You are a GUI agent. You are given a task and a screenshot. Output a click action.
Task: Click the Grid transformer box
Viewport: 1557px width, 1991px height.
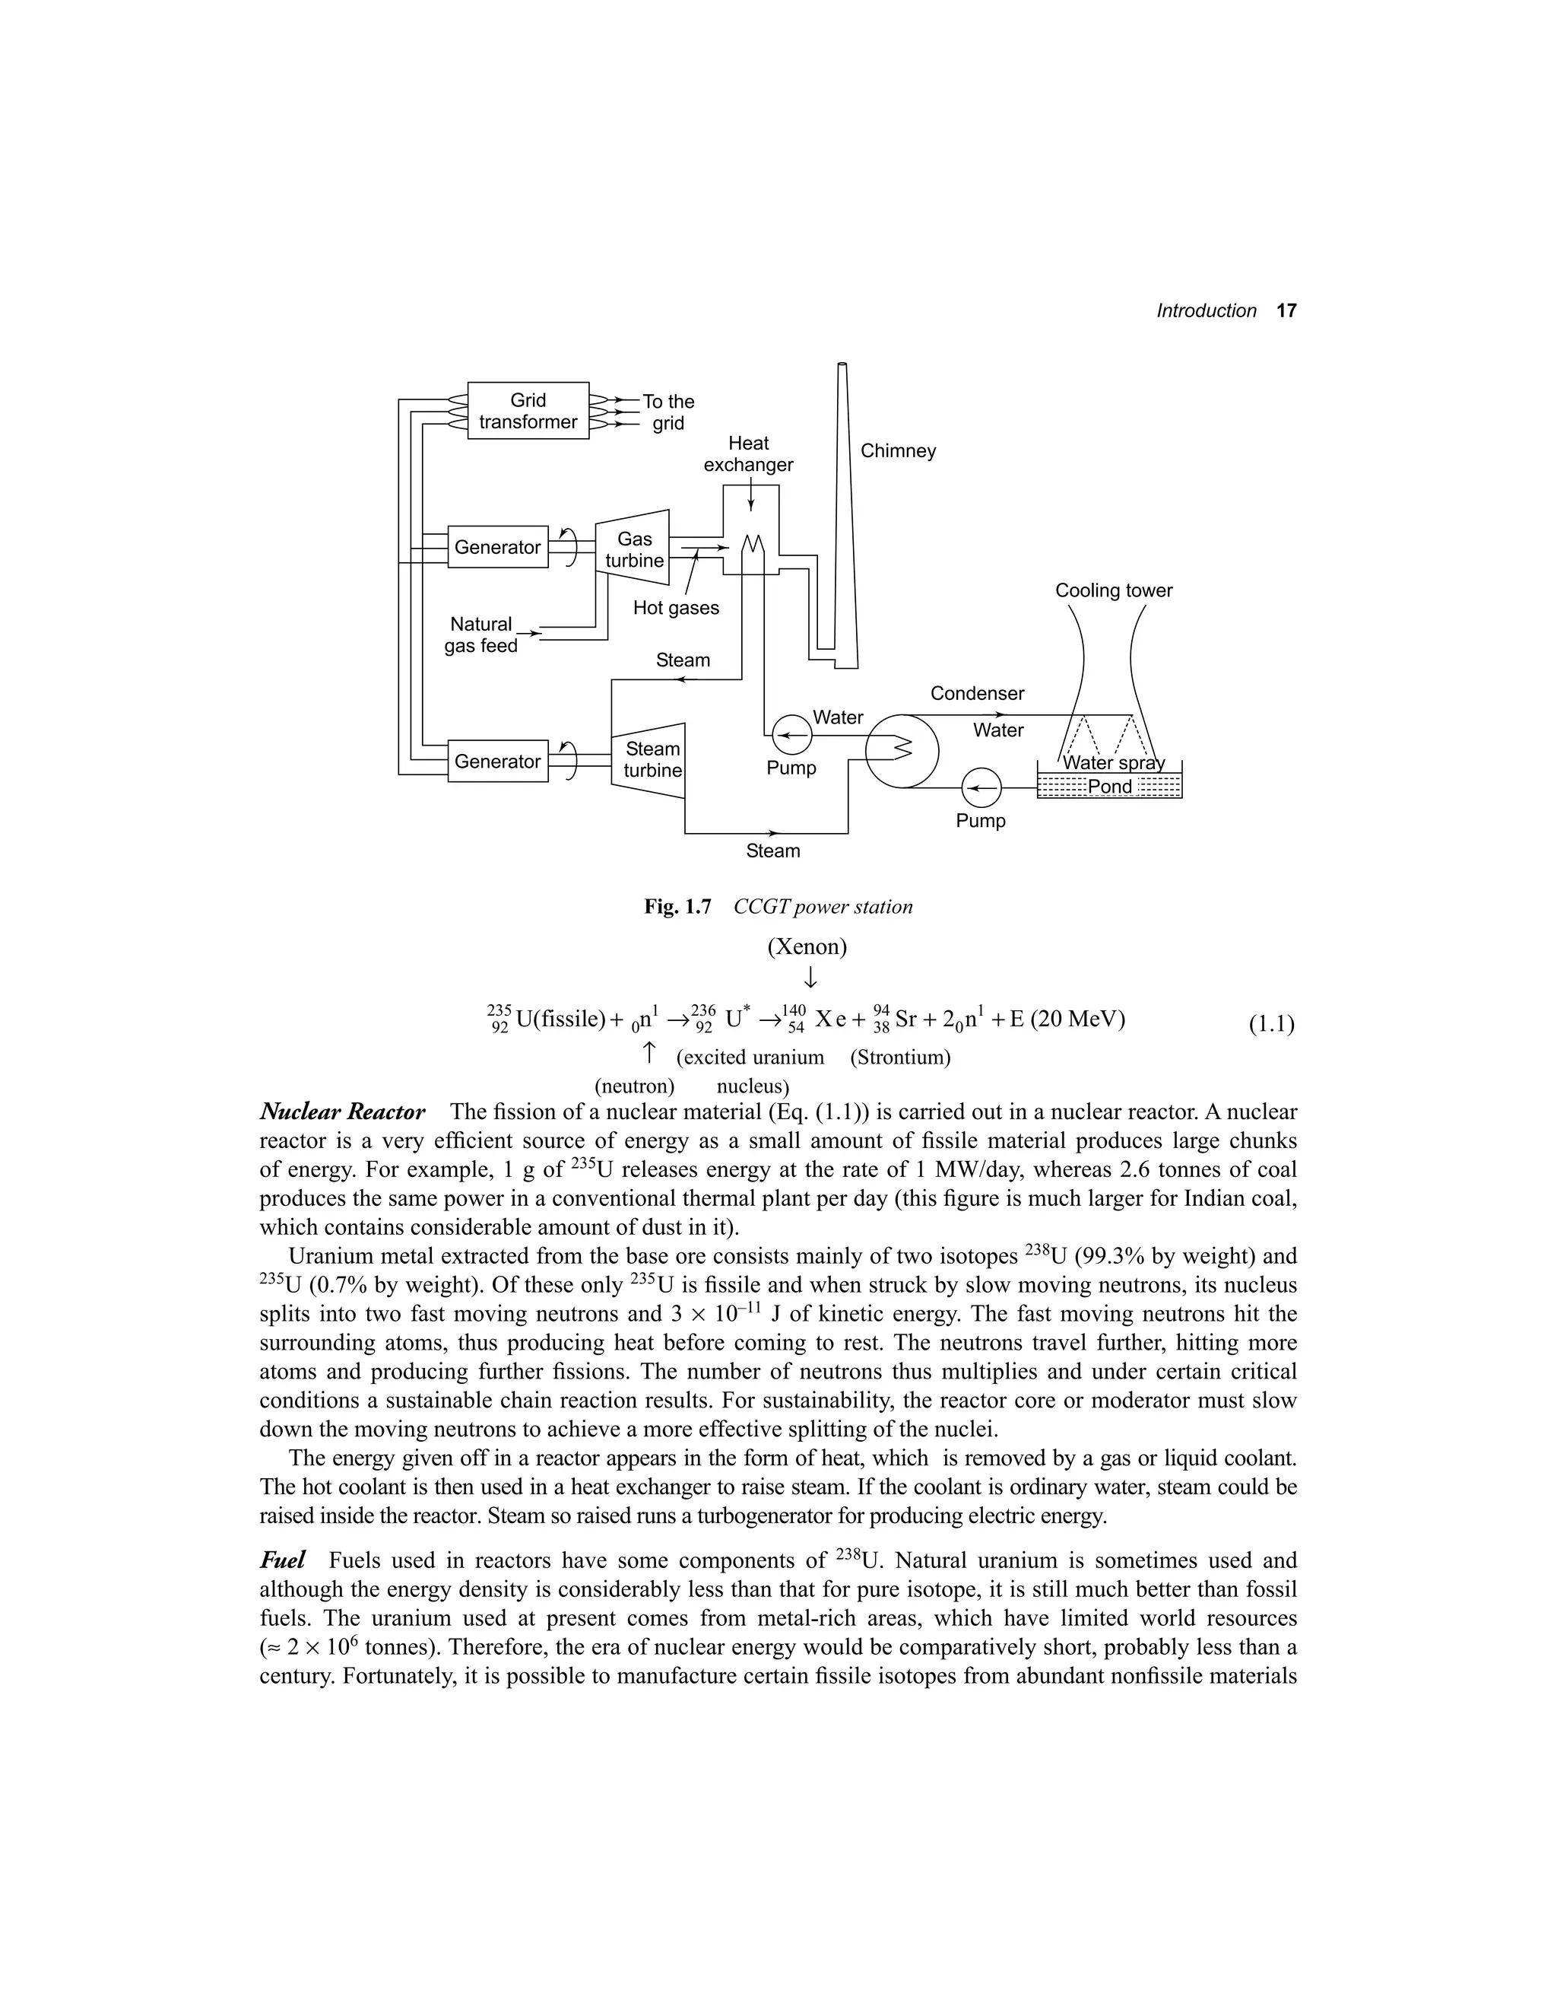click(528, 410)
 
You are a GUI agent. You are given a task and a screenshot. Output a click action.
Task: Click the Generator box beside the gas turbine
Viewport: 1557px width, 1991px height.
click(498, 547)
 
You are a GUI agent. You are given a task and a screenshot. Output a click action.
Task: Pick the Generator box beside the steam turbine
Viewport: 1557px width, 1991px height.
click(498, 762)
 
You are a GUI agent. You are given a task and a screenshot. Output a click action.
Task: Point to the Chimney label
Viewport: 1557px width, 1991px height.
click(898, 451)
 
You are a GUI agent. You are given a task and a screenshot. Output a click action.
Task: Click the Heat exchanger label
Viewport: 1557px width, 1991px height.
click(748, 454)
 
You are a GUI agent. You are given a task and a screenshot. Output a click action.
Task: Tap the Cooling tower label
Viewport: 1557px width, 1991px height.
click(1113, 590)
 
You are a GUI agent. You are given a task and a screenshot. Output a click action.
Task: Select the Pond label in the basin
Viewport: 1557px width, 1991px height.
click(1109, 786)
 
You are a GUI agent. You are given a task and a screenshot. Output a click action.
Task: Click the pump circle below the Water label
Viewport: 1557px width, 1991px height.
click(791, 734)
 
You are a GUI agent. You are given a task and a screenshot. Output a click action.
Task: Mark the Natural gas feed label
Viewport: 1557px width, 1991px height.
click(480, 635)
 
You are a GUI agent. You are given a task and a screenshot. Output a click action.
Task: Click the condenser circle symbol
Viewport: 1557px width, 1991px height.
click(901, 749)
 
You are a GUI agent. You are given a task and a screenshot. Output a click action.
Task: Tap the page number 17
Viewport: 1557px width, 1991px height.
click(1286, 311)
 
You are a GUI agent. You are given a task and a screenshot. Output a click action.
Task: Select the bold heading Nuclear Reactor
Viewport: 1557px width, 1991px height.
click(343, 1112)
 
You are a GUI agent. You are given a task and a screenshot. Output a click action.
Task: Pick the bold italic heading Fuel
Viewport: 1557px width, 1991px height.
click(283, 1560)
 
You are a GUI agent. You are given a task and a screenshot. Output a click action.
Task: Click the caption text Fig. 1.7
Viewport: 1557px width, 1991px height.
click(677, 908)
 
